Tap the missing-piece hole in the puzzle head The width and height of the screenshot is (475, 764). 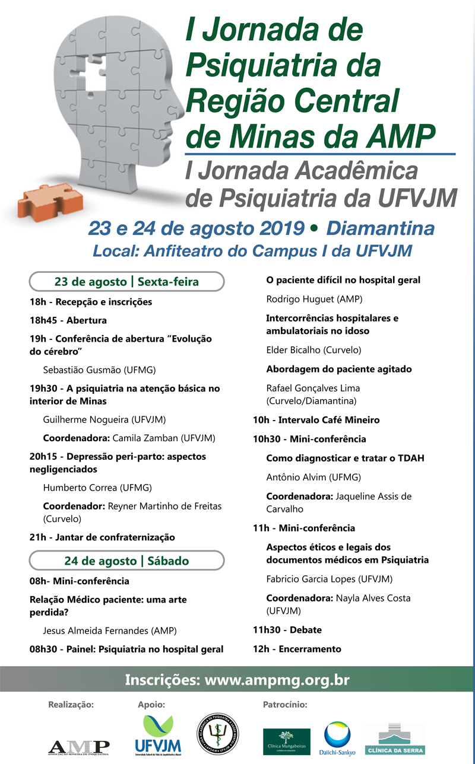[x=97, y=82]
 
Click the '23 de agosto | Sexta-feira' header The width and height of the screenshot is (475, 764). [x=126, y=282]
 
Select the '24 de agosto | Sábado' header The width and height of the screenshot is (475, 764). [x=126, y=561]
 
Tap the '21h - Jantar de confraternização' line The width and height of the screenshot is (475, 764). [x=102, y=537]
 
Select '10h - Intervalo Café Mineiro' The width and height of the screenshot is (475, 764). [x=316, y=420]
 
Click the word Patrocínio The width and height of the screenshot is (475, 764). [x=284, y=705]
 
